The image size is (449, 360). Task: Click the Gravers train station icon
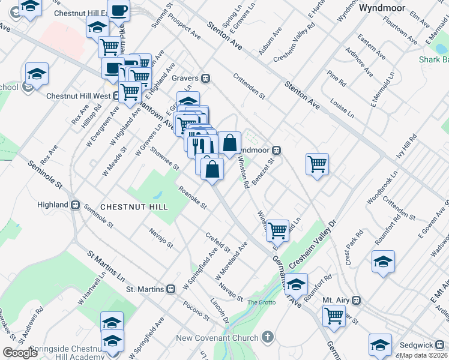click(205, 77)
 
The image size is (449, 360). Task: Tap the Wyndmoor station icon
click(277, 149)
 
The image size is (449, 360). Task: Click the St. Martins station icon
click(171, 289)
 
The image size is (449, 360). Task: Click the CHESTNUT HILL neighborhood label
click(134, 206)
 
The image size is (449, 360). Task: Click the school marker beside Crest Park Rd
click(383, 261)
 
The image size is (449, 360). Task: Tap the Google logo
click(20, 352)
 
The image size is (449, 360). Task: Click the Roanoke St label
click(193, 197)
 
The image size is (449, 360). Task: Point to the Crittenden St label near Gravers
click(249, 85)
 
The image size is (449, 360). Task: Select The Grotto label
click(262, 302)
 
